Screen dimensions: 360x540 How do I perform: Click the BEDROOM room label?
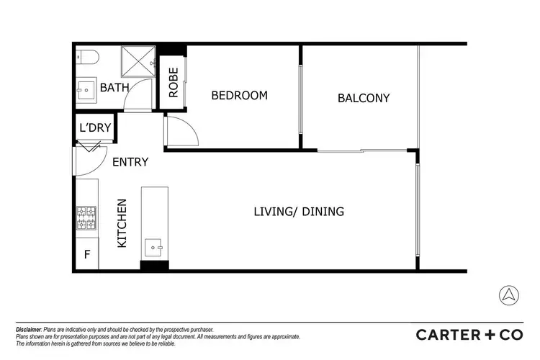point(239,96)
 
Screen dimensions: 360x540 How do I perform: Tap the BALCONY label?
point(364,98)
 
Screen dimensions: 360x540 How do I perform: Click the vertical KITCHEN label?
point(122,223)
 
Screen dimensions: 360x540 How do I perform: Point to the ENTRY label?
point(130,162)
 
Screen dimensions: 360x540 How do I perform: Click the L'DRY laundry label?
point(95,128)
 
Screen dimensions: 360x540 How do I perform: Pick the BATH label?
point(114,88)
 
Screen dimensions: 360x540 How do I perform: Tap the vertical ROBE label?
point(174,82)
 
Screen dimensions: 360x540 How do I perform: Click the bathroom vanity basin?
point(86,91)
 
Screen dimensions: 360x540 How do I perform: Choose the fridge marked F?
point(87,255)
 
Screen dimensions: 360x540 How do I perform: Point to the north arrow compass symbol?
point(508,294)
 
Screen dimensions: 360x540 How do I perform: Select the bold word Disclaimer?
point(30,328)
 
